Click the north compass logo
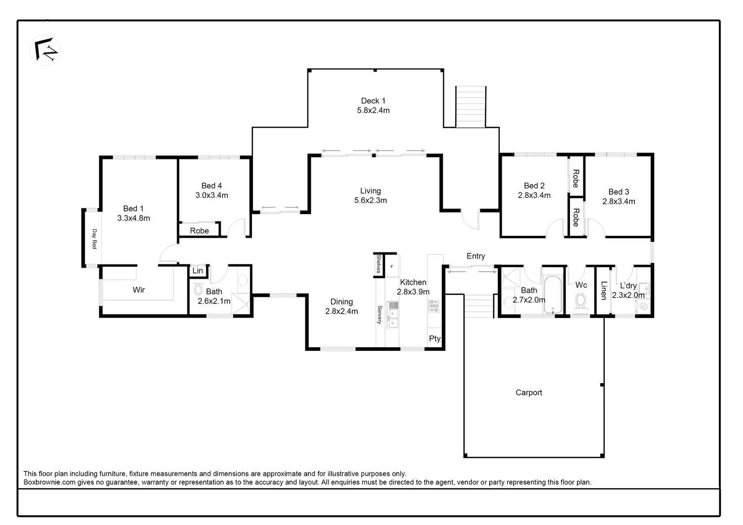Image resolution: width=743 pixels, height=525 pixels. [x=45, y=50]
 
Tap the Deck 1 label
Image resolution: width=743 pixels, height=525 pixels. [x=373, y=101]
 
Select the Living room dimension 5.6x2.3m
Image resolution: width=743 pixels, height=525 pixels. [x=370, y=200]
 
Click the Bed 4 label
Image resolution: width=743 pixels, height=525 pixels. [x=211, y=186]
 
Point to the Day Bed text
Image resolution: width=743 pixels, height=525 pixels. [x=94, y=239]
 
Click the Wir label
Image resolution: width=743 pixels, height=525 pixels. [x=139, y=290]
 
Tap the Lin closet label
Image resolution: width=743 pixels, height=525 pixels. [x=198, y=271]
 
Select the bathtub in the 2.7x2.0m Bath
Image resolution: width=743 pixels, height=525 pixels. [x=553, y=295]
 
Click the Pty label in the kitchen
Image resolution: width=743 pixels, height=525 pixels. [x=435, y=339]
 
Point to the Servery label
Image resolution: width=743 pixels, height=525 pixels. [x=380, y=314]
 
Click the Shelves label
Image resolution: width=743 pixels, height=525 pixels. [x=379, y=264]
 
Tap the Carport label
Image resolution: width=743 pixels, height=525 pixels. [x=528, y=393]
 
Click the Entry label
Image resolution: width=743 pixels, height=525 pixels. [x=475, y=256]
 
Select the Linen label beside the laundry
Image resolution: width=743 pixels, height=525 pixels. [x=604, y=291]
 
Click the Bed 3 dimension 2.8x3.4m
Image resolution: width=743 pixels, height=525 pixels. [x=619, y=201]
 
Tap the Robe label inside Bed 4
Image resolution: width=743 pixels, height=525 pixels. [x=199, y=231]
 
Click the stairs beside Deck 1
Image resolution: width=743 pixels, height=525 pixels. [x=470, y=107]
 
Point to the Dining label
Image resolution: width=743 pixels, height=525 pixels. [x=341, y=302]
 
